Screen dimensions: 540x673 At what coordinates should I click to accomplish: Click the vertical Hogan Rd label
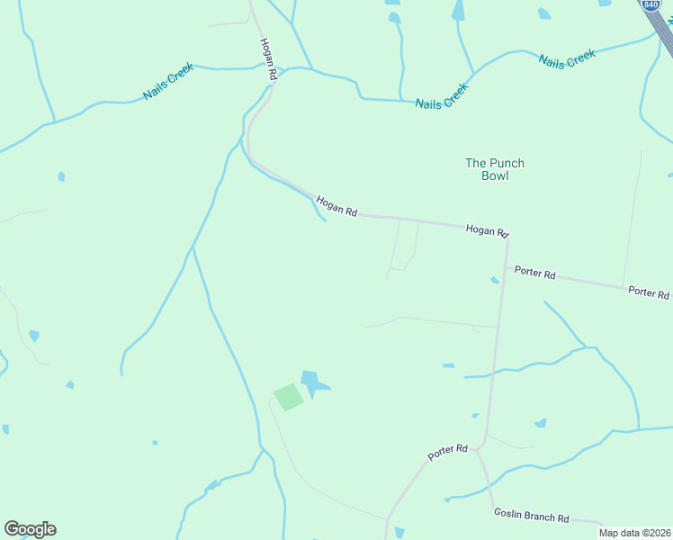(266, 59)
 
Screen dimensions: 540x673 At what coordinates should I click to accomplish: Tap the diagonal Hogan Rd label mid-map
(336, 207)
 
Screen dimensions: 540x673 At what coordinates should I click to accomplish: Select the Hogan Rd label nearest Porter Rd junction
(487, 230)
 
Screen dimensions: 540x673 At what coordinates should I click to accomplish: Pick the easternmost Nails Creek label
(567, 58)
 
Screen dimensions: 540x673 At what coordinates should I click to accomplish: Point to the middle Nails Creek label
(442, 97)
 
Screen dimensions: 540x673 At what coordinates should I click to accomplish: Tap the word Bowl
(494, 175)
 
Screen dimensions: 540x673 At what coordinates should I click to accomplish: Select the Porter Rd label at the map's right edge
(648, 292)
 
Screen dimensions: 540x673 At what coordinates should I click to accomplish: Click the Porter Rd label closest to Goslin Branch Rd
(448, 452)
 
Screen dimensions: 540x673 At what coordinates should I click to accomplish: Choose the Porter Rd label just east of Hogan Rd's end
(534, 272)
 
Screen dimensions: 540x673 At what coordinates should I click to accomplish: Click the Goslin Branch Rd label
(531, 517)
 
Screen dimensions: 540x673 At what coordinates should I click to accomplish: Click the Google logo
(30, 529)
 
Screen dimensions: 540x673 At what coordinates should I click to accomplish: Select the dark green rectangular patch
(288, 396)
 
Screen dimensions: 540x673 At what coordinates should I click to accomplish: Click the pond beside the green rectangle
(313, 383)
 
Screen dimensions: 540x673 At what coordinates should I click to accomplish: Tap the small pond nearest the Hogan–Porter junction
(494, 280)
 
